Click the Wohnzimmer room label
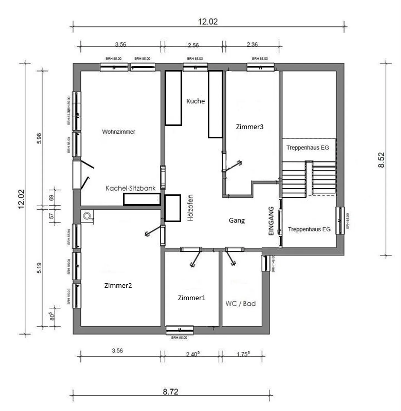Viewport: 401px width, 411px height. (x=119, y=132)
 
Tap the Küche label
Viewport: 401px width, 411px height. (x=195, y=101)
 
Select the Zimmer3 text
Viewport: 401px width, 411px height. (x=250, y=127)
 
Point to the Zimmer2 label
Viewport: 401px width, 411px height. (x=118, y=286)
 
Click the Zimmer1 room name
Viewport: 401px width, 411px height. (x=192, y=298)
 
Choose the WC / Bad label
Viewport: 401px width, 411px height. (x=241, y=304)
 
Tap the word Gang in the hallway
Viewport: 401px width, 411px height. (x=237, y=220)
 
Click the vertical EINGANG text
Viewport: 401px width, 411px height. (x=271, y=221)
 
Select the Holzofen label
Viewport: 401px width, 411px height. (x=190, y=208)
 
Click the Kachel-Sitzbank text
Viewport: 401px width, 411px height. (x=131, y=188)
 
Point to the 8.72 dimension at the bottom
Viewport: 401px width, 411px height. (x=170, y=392)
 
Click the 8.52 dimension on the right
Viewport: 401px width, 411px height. (x=381, y=160)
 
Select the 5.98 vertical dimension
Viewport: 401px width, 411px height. (x=39, y=138)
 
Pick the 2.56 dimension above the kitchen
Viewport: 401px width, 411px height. (x=193, y=45)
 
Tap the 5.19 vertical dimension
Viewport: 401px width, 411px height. (x=39, y=268)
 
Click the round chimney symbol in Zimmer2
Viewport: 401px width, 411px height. (x=87, y=216)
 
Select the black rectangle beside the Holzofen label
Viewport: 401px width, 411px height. (x=173, y=208)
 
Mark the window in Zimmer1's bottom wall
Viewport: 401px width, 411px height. (x=180, y=330)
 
